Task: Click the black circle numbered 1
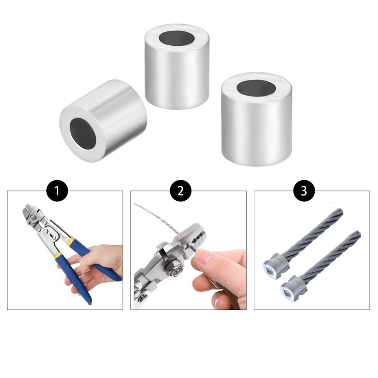58,190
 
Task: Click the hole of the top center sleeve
177,38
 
